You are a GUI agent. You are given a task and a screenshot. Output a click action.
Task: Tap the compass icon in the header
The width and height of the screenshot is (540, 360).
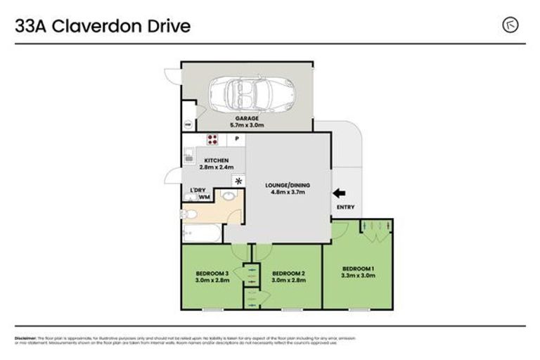tap(510, 25)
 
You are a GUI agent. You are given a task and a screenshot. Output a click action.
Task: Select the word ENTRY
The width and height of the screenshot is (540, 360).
tap(346, 207)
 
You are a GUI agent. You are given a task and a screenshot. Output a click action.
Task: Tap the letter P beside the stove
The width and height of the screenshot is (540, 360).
tap(237, 139)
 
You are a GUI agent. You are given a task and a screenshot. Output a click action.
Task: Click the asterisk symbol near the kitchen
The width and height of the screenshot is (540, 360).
tap(238, 181)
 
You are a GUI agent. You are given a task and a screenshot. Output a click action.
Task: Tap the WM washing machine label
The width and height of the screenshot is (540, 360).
tap(205, 198)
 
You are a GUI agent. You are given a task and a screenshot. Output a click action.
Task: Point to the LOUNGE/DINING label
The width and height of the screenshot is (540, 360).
tap(287, 185)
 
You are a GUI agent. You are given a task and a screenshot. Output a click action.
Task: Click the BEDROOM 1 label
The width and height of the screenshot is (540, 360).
tap(358, 269)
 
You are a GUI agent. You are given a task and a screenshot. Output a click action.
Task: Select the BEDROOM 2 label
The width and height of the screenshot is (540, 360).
tap(288, 273)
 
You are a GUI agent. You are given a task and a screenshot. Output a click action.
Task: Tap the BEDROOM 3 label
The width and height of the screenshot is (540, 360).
tap(212, 273)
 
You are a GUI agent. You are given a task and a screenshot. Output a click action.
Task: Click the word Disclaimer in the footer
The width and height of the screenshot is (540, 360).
tap(25, 338)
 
